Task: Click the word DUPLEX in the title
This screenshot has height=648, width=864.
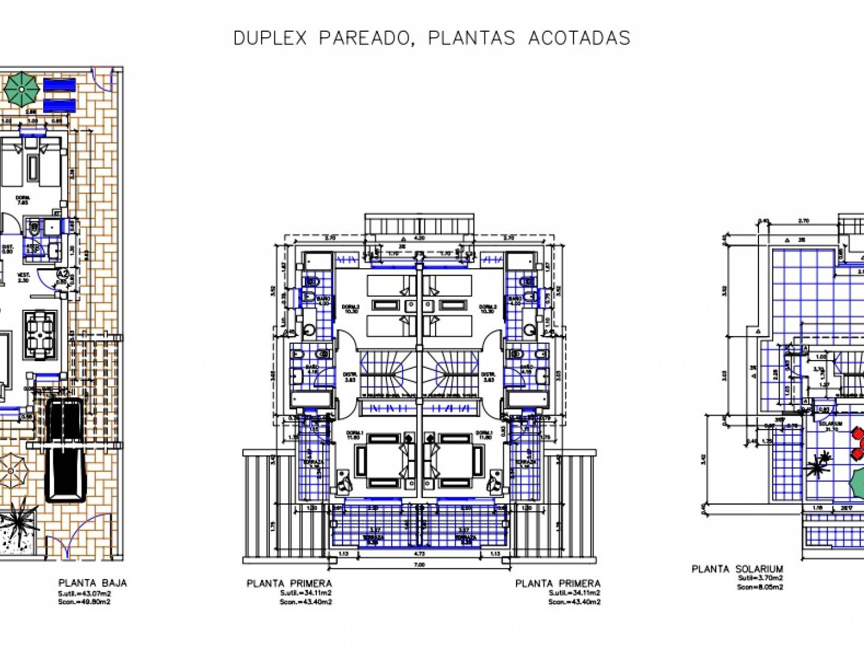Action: click(269, 38)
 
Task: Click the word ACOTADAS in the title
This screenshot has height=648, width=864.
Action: click(579, 38)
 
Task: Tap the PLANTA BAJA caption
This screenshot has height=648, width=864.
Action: click(92, 583)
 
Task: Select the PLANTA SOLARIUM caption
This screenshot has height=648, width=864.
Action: click(737, 569)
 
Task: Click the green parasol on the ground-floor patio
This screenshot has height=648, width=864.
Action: click(22, 89)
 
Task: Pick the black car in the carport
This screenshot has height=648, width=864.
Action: click(66, 449)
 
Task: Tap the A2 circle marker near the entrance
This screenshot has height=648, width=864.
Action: click(62, 274)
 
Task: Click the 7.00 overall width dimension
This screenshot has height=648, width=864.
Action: click(419, 565)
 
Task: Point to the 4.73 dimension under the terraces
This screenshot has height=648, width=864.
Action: click(419, 554)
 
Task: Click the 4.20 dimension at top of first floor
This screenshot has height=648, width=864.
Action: click(419, 238)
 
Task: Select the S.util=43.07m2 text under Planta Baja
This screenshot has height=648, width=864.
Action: click(85, 593)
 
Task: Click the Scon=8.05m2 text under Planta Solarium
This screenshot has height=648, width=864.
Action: click(760, 587)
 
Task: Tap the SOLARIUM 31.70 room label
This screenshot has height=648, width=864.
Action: click(831, 425)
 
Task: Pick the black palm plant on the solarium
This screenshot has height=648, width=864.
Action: click(818, 465)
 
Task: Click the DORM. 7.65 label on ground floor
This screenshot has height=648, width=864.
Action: click(23, 200)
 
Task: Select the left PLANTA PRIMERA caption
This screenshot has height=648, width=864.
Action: click(289, 583)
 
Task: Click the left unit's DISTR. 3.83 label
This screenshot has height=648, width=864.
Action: click(349, 377)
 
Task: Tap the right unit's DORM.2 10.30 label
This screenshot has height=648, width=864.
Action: click(487, 308)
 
